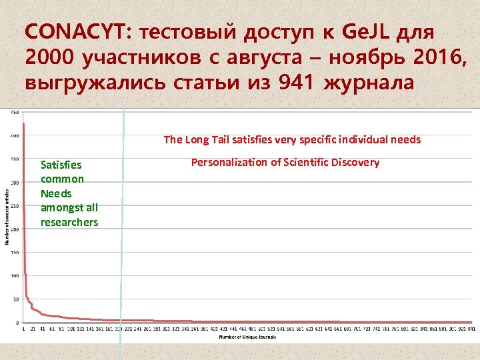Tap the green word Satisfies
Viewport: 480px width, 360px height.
click(61, 164)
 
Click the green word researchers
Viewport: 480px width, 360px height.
click(69, 222)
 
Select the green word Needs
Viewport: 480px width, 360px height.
click(55, 193)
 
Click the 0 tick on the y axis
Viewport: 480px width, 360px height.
click(17, 322)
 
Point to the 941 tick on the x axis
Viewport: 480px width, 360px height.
click(471, 329)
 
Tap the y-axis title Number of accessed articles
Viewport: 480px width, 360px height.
click(7, 217)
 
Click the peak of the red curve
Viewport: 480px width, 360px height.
click(24, 124)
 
